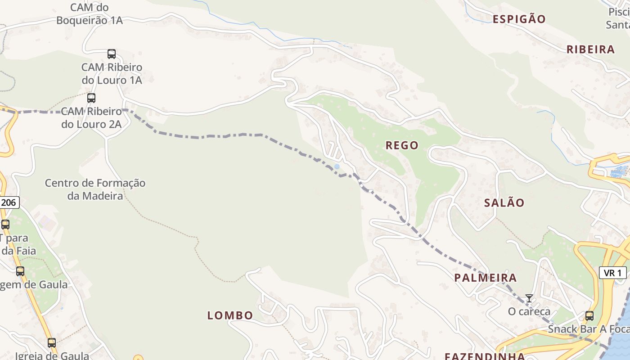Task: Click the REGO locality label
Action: (402, 145)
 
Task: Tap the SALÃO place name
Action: (504, 203)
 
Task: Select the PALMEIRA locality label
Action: (485, 278)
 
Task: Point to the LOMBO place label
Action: (230, 315)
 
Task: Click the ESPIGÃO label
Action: (519, 19)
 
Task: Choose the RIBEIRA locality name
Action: (590, 49)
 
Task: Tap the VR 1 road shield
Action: (612, 273)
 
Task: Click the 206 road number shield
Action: (9, 202)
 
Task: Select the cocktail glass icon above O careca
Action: (529, 298)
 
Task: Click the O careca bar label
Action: (529, 311)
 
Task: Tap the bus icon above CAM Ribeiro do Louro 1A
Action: (112, 54)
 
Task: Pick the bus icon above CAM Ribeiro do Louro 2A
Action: (91, 98)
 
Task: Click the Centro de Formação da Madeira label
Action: (95, 189)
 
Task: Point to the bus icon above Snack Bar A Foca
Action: (589, 315)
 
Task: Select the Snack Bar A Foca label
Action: (588, 329)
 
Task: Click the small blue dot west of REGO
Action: (337, 166)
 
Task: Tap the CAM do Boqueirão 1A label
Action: (90, 14)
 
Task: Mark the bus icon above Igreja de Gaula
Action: (52, 342)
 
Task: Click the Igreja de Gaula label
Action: (52, 355)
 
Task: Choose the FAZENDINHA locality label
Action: (485, 356)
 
